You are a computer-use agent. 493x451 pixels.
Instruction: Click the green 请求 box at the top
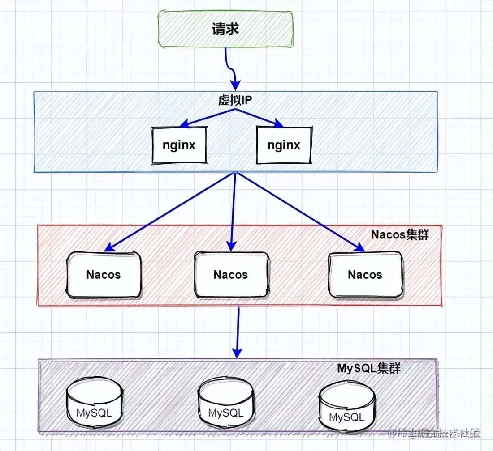tap(226, 30)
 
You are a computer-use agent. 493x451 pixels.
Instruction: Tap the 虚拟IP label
tap(233, 100)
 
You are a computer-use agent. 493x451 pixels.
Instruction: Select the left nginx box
tap(179, 145)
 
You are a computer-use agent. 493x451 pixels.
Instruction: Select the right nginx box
tap(283, 145)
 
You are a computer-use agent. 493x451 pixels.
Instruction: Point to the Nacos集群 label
tap(400, 234)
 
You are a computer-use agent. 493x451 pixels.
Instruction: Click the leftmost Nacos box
tap(104, 274)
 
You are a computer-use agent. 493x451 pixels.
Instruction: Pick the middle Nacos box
tap(231, 274)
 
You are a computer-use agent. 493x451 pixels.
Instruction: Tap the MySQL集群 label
tap(368, 369)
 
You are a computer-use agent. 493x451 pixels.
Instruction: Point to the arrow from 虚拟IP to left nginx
tap(206, 117)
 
